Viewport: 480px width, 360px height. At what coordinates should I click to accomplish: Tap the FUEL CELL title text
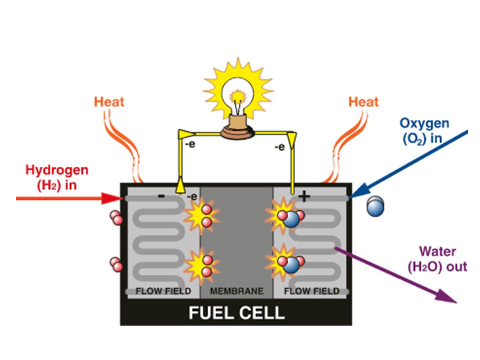[236, 313]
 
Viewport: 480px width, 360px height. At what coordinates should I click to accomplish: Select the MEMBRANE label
[236, 291]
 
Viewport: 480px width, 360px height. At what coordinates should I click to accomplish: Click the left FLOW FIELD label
[164, 291]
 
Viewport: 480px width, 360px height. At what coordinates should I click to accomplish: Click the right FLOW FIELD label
[311, 291]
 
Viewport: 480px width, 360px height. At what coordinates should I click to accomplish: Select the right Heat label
[363, 102]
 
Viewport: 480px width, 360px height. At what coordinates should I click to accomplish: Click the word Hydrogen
[57, 170]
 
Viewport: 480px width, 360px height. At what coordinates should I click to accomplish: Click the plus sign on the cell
[304, 196]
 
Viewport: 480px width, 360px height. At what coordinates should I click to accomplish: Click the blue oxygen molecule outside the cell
[375, 206]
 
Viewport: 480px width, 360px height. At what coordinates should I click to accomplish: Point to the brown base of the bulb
[238, 129]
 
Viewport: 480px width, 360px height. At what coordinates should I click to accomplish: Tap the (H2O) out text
[437, 266]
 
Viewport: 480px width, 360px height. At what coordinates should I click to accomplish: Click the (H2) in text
[57, 184]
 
